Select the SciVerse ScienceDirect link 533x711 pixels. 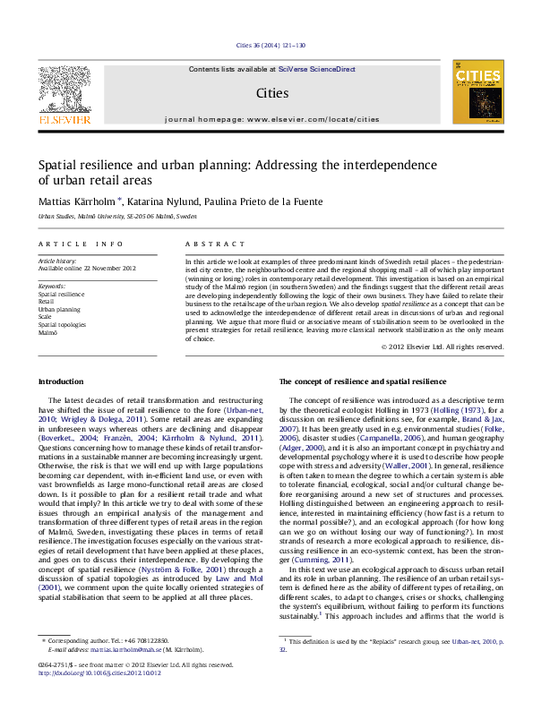(316, 69)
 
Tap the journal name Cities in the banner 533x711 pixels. (271, 91)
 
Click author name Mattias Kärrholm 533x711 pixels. (76, 201)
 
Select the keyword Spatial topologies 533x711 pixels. (62, 324)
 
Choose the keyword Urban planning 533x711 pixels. (59, 309)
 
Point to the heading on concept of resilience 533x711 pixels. (363, 381)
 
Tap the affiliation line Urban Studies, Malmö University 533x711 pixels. (117, 217)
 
